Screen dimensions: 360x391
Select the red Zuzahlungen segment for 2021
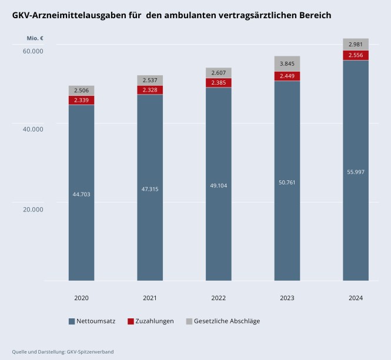coord(150,90)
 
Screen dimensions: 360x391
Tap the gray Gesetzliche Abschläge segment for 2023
coord(287,63)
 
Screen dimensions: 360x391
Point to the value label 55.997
coord(355,171)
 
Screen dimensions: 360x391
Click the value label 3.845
coord(287,63)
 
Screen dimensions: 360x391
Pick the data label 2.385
coord(218,83)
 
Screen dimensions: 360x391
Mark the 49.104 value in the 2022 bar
coord(218,186)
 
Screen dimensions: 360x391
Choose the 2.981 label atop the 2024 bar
coord(355,45)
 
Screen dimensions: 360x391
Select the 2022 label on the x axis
coord(218,298)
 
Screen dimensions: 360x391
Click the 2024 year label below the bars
coord(355,298)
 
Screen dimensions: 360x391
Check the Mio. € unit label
coord(35,39)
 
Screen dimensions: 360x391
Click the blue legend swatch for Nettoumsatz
coord(72,321)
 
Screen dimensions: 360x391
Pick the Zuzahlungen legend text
coord(155,321)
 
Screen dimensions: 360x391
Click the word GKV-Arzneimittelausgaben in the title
coord(65,15)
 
